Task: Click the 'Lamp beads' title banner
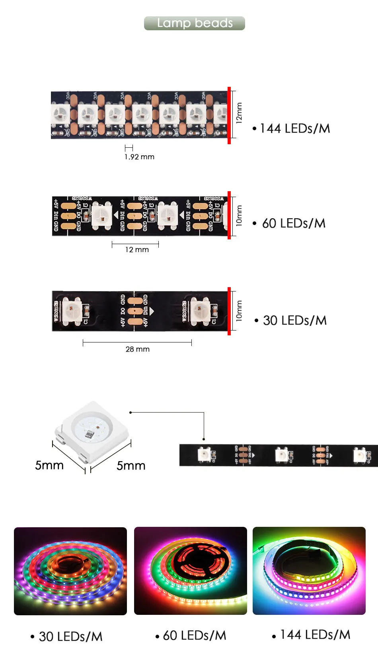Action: pyautogui.click(x=195, y=23)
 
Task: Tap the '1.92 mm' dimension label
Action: pyautogui.click(x=139, y=157)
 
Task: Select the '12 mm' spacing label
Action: pyautogui.click(x=137, y=250)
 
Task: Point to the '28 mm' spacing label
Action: pyautogui.click(x=138, y=349)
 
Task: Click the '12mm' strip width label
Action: pyautogui.click(x=239, y=113)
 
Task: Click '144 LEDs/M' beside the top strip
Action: pyautogui.click(x=294, y=129)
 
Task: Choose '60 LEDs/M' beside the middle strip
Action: pyautogui.click(x=293, y=223)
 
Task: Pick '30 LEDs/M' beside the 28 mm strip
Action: pyautogui.click(x=294, y=321)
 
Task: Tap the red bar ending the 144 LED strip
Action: pyautogui.click(x=229, y=115)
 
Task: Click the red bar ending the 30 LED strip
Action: pyautogui.click(x=229, y=311)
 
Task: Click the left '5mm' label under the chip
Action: pyautogui.click(x=49, y=465)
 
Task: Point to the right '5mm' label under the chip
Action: pyautogui.click(x=131, y=466)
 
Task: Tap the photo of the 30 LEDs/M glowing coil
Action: pyautogui.click(x=70, y=571)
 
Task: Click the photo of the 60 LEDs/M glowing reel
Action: pyautogui.click(x=191, y=571)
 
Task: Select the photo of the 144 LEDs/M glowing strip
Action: pyautogui.click(x=309, y=571)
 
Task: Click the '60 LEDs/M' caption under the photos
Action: pyautogui.click(x=194, y=636)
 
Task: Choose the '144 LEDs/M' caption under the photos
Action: pyautogui.click(x=315, y=635)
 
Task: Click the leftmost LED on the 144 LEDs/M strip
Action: pyautogui.click(x=60, y=115)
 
